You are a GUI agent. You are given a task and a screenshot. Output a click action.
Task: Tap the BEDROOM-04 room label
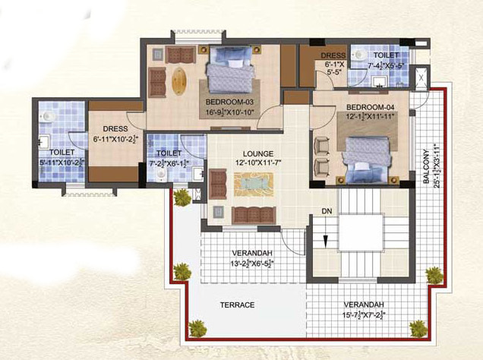coord(369,106)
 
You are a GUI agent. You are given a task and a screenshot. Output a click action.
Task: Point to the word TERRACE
coord(237,305)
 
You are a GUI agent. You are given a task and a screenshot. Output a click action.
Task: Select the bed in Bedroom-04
coord(368,156)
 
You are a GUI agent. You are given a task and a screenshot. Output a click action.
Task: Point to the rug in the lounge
coord(250,184)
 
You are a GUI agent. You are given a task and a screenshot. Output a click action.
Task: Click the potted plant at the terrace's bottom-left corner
coord(197,328)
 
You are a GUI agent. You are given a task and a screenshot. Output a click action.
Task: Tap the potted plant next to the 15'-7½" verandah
coord(418,328)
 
